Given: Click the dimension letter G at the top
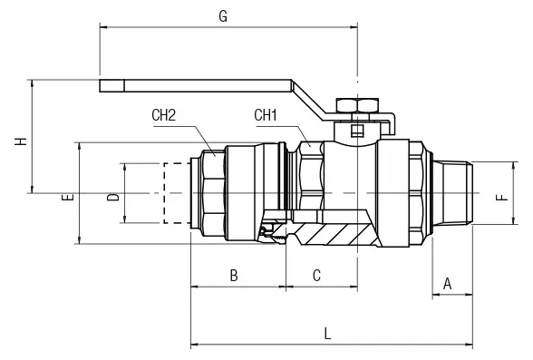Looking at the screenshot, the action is click(223, 16).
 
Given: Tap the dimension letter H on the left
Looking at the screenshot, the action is click(21, 141).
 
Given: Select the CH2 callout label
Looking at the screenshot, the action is click(163, 115).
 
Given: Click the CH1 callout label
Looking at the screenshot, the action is click(266, 115).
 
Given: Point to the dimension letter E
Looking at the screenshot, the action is click(68, 197).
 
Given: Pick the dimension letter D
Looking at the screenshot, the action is click(113, 197).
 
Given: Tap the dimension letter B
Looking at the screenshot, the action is click(234, 276).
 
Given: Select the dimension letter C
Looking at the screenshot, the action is click(316, 276).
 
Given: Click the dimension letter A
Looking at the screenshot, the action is click(448, 284).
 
